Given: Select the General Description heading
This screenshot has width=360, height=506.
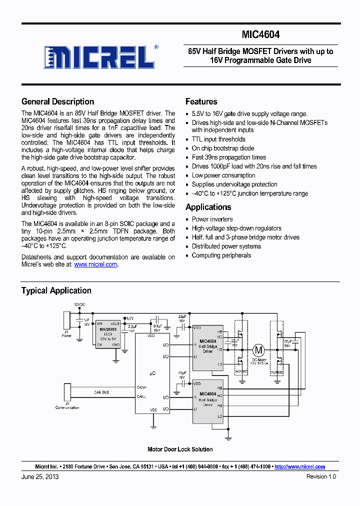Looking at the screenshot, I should point(57,101).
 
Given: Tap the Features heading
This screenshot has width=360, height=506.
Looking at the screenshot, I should point(201,101).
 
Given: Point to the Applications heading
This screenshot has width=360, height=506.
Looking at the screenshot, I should point(208,207).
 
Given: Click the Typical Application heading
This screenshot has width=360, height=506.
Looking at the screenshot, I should point(56,290).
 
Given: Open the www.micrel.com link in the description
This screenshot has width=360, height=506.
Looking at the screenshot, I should point(95,264).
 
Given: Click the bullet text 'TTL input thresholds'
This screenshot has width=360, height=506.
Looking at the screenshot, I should point(218,139).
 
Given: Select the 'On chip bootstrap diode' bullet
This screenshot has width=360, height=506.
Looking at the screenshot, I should point(222,148).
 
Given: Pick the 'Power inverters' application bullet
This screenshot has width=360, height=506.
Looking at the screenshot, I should point(212,219).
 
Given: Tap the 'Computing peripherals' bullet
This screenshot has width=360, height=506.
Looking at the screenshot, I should point(221,255).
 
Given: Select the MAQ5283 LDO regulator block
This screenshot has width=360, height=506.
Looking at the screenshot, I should point(107,333).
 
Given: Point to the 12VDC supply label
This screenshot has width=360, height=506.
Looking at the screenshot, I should point(80,304).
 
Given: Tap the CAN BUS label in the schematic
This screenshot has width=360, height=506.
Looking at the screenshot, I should point(101,392).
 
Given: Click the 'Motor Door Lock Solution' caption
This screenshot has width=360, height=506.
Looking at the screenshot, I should point(180,449).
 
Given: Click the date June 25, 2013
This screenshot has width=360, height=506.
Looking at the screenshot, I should point(40,477).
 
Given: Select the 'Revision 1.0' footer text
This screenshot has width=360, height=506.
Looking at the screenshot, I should point(321,477).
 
